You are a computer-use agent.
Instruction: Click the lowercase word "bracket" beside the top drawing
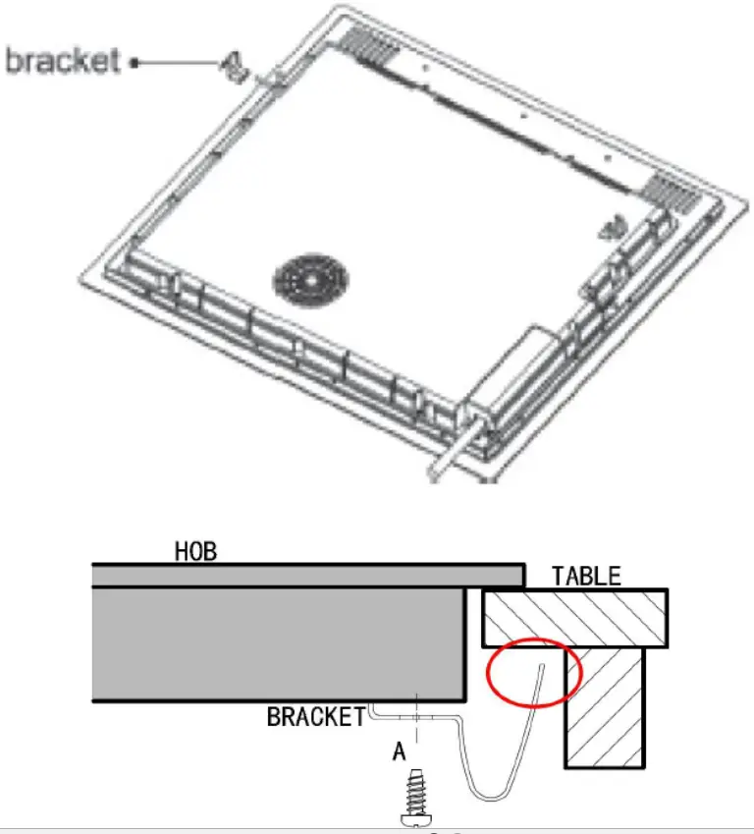[x=64, y=60]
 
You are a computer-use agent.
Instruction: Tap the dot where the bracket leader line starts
[x=135, y=62]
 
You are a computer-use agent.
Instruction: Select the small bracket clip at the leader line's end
[x=233, y=66]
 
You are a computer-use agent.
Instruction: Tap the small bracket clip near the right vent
[x=613, y=229]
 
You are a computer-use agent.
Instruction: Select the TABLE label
[x=586, y=576]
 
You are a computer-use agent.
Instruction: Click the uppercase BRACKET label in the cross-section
[x=316, y=717]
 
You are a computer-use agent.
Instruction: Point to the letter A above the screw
[x=399, y=752]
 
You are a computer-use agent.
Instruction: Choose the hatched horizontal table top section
[x=575, y=618]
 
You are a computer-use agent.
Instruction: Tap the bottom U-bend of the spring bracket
[x=486, y=793]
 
